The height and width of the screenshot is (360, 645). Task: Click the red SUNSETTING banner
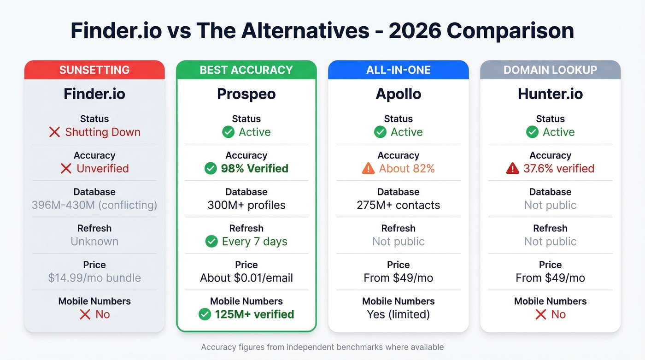coord(94,70)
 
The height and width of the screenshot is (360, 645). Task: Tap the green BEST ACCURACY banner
coord(246,70)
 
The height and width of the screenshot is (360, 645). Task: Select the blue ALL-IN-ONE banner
coord(399,70)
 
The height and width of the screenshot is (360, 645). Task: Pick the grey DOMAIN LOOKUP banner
coord(551,70)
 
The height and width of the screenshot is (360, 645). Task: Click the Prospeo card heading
coord(246,94)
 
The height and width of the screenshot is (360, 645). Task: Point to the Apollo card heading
coord(399,94)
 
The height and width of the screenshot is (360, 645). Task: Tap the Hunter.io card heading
coord(551,94)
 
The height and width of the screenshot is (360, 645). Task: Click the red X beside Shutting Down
coord(54,132)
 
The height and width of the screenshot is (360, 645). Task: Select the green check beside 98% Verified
coord(211,169)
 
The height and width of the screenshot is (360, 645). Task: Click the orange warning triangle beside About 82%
coord(368,169)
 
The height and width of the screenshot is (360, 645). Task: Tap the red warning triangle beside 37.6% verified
coord(512,169)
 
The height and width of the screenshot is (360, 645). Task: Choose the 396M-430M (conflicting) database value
coord(94,205)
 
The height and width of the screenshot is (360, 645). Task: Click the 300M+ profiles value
coord(246,205)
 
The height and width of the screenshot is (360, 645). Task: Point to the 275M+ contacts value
coord(399,205)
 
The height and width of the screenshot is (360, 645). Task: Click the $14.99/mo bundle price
coord(94,278)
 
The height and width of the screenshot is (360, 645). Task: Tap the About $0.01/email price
coord(246,278)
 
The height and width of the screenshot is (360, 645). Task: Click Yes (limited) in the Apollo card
coord(399,314)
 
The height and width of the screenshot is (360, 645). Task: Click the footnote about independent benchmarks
coord(322,347)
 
